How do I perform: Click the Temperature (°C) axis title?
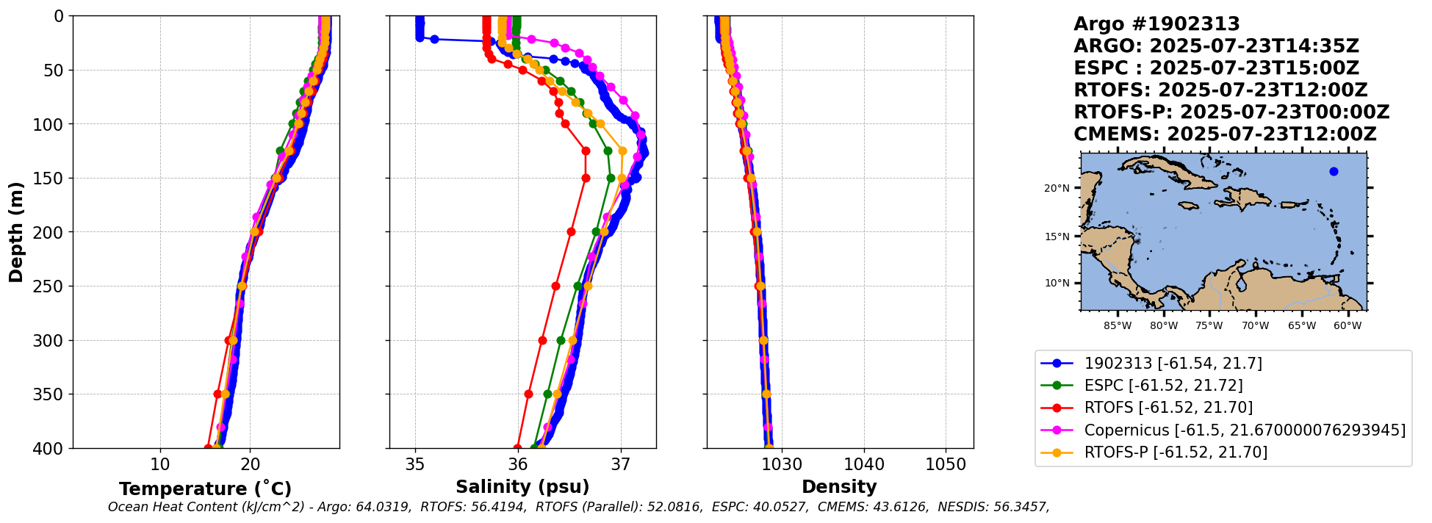[x=205, y=488]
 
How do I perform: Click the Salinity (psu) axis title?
[x=522, y=487]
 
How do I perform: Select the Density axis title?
[x=839, y=487]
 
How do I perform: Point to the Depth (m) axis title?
[x=16, y=232]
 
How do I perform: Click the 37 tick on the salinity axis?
[x=621, y=464]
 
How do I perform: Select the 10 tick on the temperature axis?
[x=159, y=464]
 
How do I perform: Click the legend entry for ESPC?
[x=1163, y=386]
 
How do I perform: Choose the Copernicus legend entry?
[x=1244, y=430]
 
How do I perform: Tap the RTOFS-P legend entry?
[x=1176, y=452]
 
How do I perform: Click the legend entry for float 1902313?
[x=1173, y=364]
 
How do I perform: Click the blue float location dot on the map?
[x=1334, y=172]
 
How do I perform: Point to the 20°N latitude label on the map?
[x=1057, y=189]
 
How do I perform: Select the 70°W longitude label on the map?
[x=1256, y=325]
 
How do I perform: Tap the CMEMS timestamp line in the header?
[x=1224, y=134]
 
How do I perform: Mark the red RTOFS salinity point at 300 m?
[x=542, y=340]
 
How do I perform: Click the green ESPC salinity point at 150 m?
[x=611, y=178]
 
